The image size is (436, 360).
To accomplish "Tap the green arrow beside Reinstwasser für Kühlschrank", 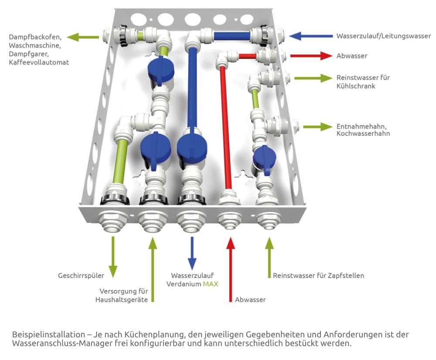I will (x=313, y=79).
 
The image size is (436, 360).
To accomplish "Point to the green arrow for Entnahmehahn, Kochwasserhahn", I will (x=317, y=127).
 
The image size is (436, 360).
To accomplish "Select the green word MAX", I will (x=210, y=284).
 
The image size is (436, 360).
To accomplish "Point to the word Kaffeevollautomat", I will (x=38, y=63).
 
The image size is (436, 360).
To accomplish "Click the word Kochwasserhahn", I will (x=363, y=134).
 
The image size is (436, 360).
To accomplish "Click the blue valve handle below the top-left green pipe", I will (x=160, y=70).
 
